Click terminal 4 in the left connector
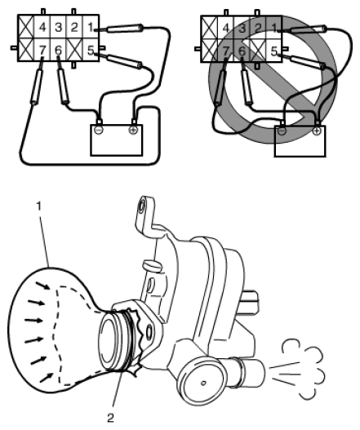42,27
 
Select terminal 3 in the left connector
58,27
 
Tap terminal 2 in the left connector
74,27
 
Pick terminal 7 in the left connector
42,50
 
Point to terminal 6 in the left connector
58,50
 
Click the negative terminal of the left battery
98,130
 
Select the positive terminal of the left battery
133,130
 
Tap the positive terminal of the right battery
317,131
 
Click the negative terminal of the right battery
282,131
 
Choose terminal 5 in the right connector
273,51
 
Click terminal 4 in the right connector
225,28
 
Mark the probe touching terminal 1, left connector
124,28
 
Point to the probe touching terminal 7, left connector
38,86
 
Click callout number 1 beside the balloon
39,206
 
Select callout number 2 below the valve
110,418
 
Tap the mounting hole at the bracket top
142,206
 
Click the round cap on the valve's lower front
203,383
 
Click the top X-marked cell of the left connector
26,27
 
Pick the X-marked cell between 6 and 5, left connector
74,50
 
